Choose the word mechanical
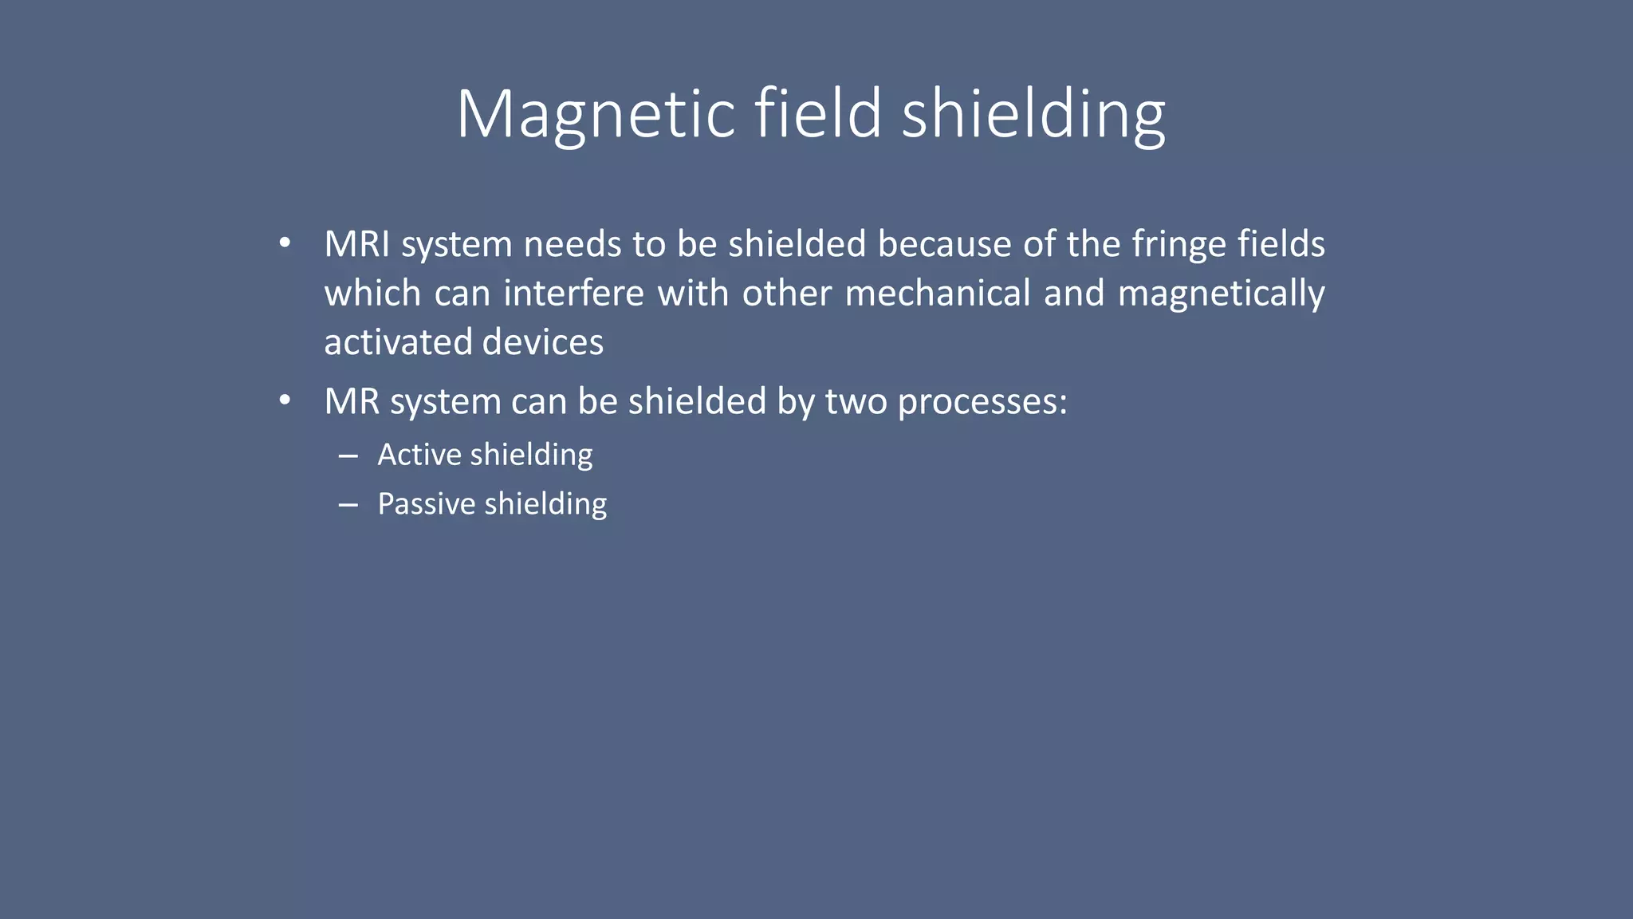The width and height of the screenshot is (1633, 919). [938, 294]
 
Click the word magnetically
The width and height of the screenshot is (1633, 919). [1221, 294]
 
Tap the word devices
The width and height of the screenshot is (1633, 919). [542, 342]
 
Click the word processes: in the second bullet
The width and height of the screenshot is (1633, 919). [982, 401]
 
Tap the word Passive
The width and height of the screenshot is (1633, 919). [426, 504]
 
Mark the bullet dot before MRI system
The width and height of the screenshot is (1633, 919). [285, 243]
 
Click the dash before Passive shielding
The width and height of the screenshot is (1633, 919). [348, 506]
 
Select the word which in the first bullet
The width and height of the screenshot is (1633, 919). [372, 294]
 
